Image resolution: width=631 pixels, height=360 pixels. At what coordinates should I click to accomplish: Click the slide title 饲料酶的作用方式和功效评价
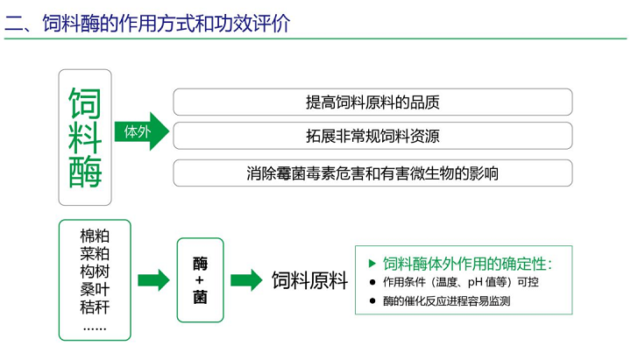click(x=166, y=21)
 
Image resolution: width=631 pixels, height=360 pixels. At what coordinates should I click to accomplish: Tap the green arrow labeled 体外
click(x=141, y=131)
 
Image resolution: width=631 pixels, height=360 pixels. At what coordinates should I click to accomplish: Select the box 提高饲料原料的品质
click(x=372, y=102)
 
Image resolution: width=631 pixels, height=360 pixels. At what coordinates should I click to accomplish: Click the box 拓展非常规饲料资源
click(x=372, y=136)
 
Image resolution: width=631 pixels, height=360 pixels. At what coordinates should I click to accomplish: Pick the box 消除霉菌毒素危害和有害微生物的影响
click(x=372, y=173)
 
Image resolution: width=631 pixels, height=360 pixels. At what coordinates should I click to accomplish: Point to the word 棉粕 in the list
click(x=94, y=236)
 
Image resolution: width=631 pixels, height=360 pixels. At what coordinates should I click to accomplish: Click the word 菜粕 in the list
click(x=94, y=254)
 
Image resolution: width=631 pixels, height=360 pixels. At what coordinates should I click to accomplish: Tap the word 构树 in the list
click(x=94, y=272)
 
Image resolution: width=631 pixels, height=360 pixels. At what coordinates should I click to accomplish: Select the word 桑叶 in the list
click(x=94, y=289)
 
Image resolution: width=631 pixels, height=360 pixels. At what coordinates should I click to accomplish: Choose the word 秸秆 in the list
click(x=94, y=307)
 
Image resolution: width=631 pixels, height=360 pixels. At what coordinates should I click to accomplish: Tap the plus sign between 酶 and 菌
click(x=200, y=280)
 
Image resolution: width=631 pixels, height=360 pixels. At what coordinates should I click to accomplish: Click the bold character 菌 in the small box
click(x=200, y=298)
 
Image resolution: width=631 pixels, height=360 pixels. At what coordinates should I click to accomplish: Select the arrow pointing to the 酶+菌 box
click(x=153, y=280)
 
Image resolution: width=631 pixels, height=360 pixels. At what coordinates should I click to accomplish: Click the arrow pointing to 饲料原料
click(x=246, y=280)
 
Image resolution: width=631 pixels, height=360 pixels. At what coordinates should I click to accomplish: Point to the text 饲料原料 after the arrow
click(x=309, y=281)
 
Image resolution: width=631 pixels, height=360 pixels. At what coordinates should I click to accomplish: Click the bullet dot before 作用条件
click(x=373, y=283)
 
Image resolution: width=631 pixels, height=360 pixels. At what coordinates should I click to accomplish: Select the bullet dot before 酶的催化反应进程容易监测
click(x=373, y=301)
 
